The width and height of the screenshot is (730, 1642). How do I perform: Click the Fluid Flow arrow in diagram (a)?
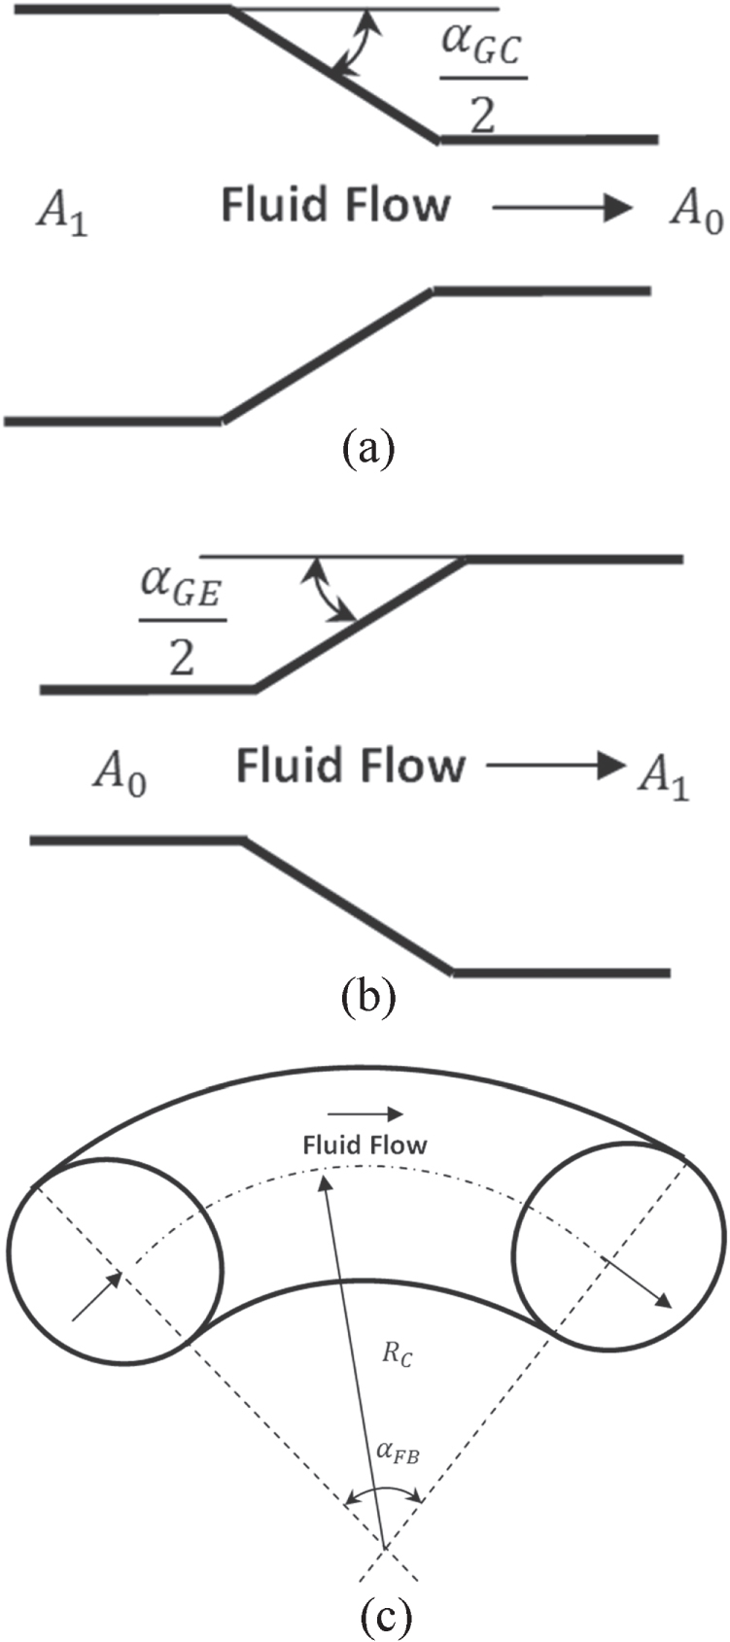click(563, 207)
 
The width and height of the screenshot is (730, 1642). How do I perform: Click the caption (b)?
click(368, 998)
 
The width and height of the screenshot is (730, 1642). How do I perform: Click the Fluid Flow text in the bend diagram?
click(365, 1145)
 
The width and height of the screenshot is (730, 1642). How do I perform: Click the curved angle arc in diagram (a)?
click(351, 44)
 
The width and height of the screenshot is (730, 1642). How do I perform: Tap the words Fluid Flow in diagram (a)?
click(335, 206)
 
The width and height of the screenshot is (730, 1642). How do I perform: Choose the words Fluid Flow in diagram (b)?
click(350, 767)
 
